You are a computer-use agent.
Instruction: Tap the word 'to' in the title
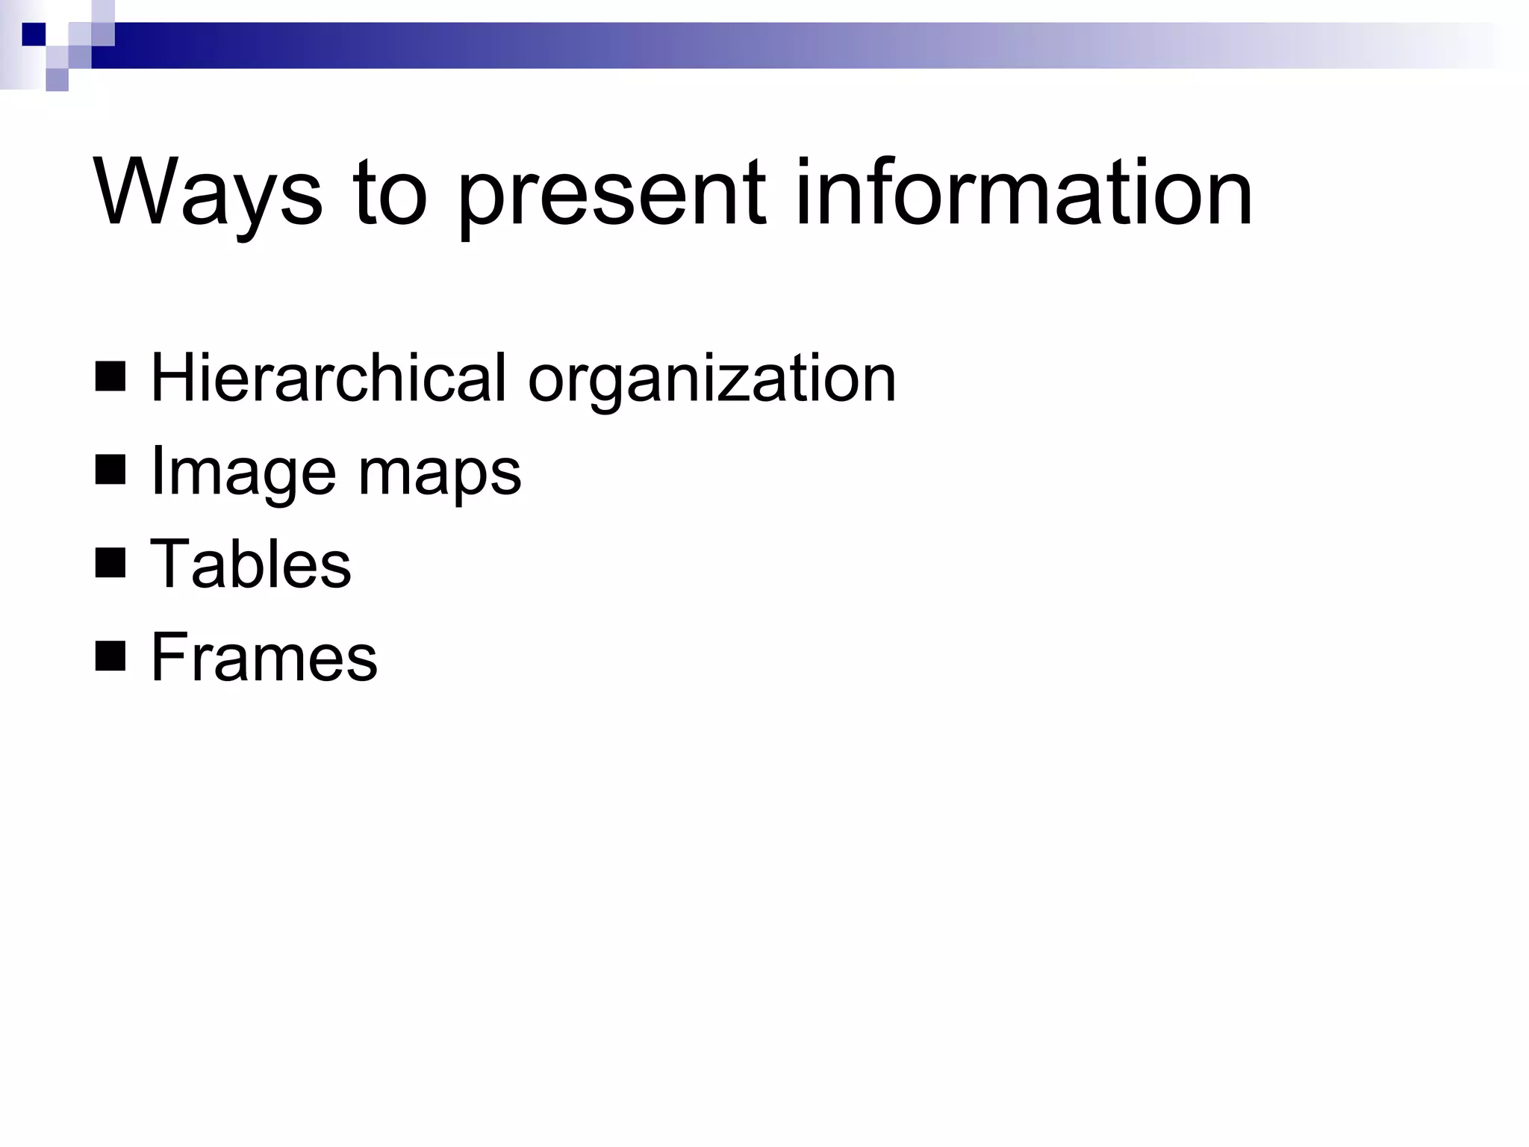click(390, 193)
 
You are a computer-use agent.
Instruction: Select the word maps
click(440, 476)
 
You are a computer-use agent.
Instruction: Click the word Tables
click(251, 564)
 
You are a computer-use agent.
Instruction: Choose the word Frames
click(264, 657)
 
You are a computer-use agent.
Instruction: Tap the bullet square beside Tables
click(110, 564)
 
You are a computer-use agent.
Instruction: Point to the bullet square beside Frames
click(110, 657)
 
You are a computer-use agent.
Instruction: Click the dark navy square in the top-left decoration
click(34, 34)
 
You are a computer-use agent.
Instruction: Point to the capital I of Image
click(157, 470)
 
